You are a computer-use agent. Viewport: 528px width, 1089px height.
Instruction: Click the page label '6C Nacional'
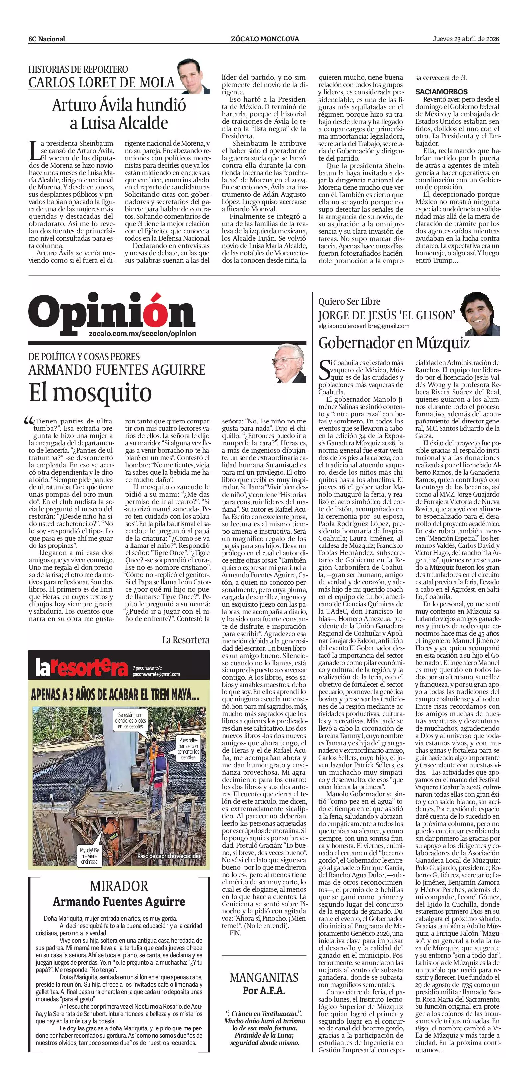(x=47, y=39)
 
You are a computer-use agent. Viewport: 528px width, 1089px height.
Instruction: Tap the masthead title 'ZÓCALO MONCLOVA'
(x=265, y=39)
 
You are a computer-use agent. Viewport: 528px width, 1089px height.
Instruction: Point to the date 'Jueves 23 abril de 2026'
(x=466, y=39)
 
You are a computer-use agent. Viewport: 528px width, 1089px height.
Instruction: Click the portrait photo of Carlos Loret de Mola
(x=193, y=76)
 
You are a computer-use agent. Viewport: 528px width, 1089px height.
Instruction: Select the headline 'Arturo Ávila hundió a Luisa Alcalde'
(x=119, y=114)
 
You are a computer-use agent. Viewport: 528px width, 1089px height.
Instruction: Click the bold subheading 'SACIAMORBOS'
(x=441, y=92)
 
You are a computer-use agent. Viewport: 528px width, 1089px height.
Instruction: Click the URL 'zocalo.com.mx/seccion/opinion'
(x=143, y=333)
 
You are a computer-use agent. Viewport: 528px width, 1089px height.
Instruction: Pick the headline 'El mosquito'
(x=90, y=392)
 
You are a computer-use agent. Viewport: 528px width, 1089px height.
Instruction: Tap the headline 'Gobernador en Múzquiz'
(x=394, y=343)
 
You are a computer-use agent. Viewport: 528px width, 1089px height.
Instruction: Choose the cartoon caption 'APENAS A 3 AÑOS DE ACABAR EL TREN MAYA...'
(x=115, y=695)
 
